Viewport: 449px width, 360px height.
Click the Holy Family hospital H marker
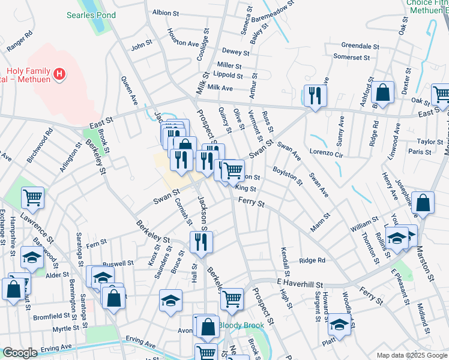(59, 74)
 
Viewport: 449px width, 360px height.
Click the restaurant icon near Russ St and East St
(314, 95)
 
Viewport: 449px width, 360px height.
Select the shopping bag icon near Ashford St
(382, 92)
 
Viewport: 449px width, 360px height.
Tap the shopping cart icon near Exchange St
(32, 196)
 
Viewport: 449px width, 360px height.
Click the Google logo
(20, 353)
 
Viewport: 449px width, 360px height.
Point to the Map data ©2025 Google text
(411, 355)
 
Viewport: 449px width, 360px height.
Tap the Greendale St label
(358, 45)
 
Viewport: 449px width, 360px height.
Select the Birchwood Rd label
(40, 145)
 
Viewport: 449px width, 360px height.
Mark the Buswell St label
(118, 263)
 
